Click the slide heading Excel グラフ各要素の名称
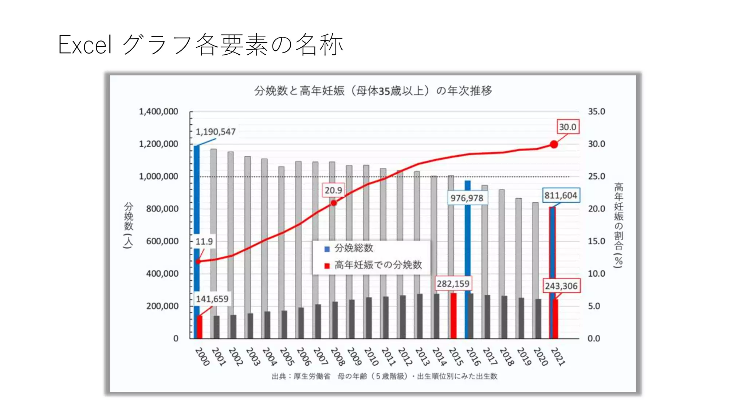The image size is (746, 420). (200, 45)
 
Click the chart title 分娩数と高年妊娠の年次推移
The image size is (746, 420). (373, 90)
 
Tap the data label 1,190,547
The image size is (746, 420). (216, 132)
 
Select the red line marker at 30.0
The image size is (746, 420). (554, 144)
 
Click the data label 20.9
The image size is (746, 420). (333, 190)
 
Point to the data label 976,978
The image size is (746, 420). (467, 198)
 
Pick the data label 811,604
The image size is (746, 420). (561, 195)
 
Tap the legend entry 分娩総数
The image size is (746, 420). (353, 248)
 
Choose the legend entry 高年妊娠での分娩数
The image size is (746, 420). (378, 265)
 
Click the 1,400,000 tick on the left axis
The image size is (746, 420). (158, 112)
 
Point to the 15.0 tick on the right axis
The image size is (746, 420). (596, 241)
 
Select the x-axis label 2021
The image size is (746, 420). (558, 357)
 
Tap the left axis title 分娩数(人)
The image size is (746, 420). (129, 225)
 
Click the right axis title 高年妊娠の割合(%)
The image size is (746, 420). (619, 225)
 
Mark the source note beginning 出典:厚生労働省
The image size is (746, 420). (384, 376)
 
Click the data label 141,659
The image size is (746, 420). (212, 299)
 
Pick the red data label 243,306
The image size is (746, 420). (561, 286)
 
